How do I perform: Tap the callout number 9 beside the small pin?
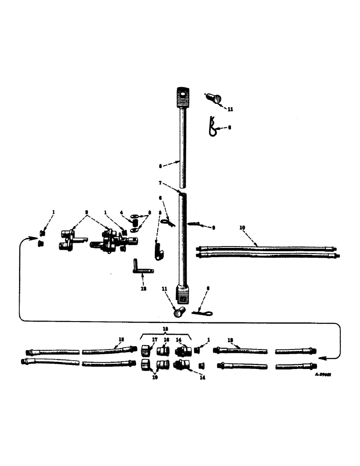tap(213, 228)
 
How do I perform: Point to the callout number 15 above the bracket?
tap(165, 329)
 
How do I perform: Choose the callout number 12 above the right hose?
tap(230, 340)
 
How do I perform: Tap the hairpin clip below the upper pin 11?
tap(212, 127)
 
